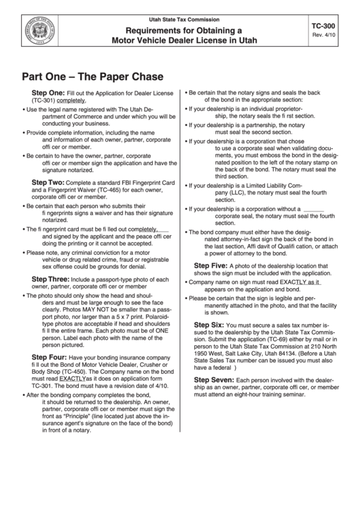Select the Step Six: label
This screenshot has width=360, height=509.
coord(209,325)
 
